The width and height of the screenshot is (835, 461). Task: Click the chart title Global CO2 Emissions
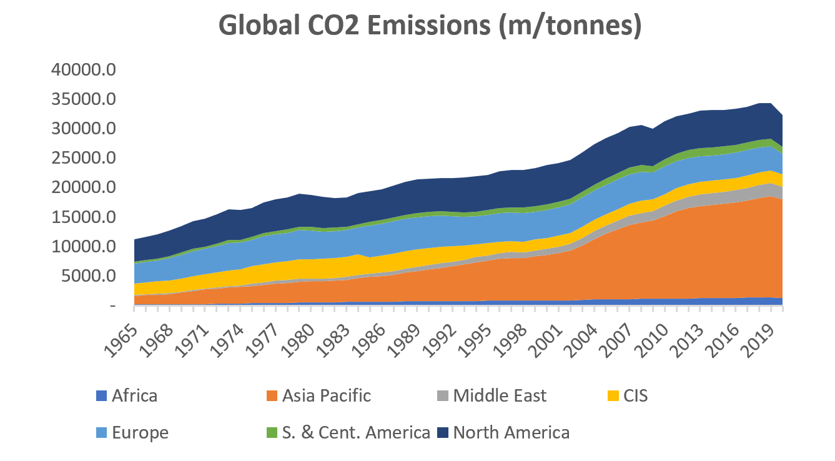[430, 26]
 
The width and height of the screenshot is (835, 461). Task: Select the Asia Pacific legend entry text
[326, 396]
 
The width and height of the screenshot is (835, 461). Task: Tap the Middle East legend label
[500, 396]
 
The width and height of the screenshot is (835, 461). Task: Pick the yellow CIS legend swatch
[613, 396]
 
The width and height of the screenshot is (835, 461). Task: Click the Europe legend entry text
[140, 433]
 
